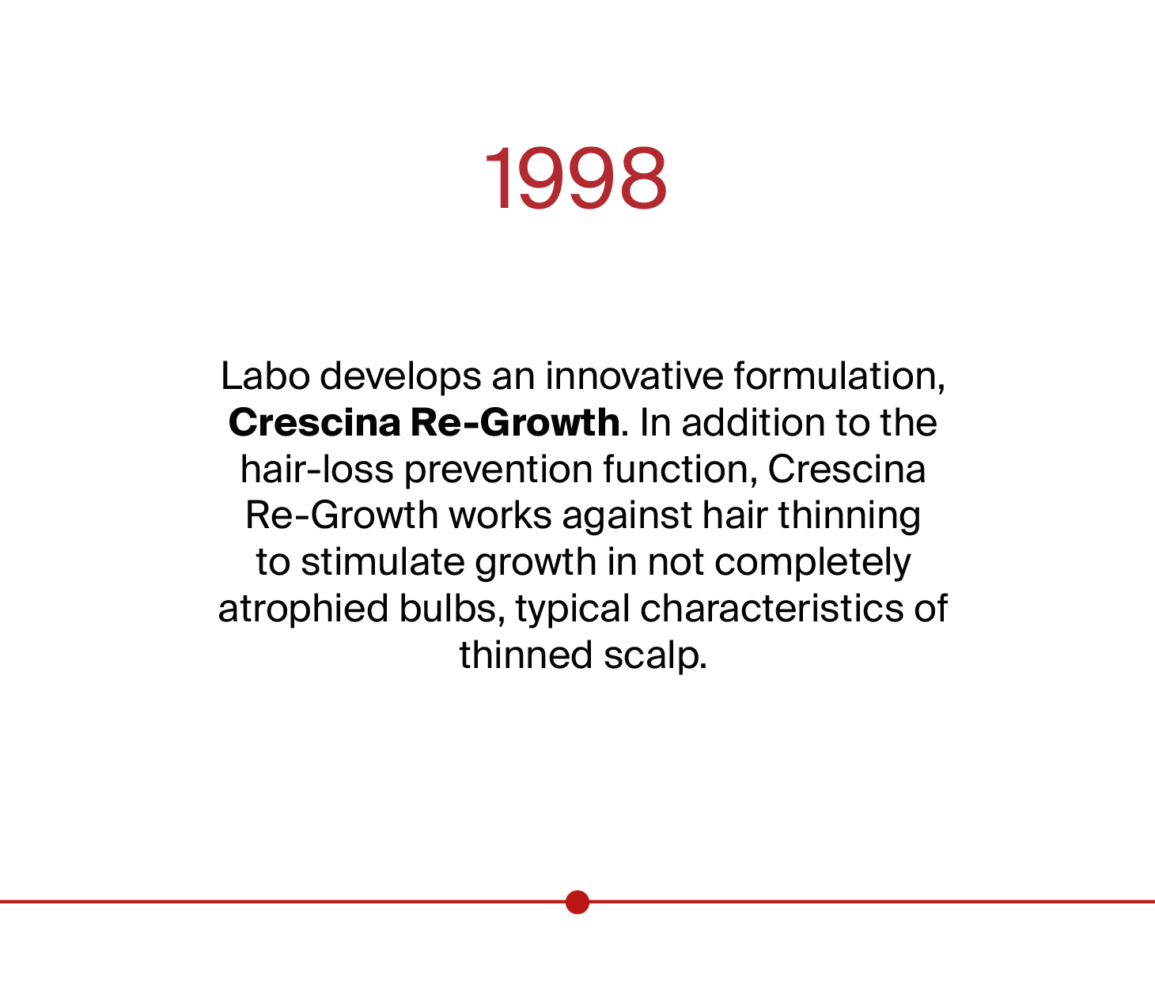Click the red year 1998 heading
577,179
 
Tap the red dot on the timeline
577,901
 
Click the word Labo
265,376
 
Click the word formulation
839,376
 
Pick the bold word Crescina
314,423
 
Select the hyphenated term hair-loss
316,470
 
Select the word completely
812,563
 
